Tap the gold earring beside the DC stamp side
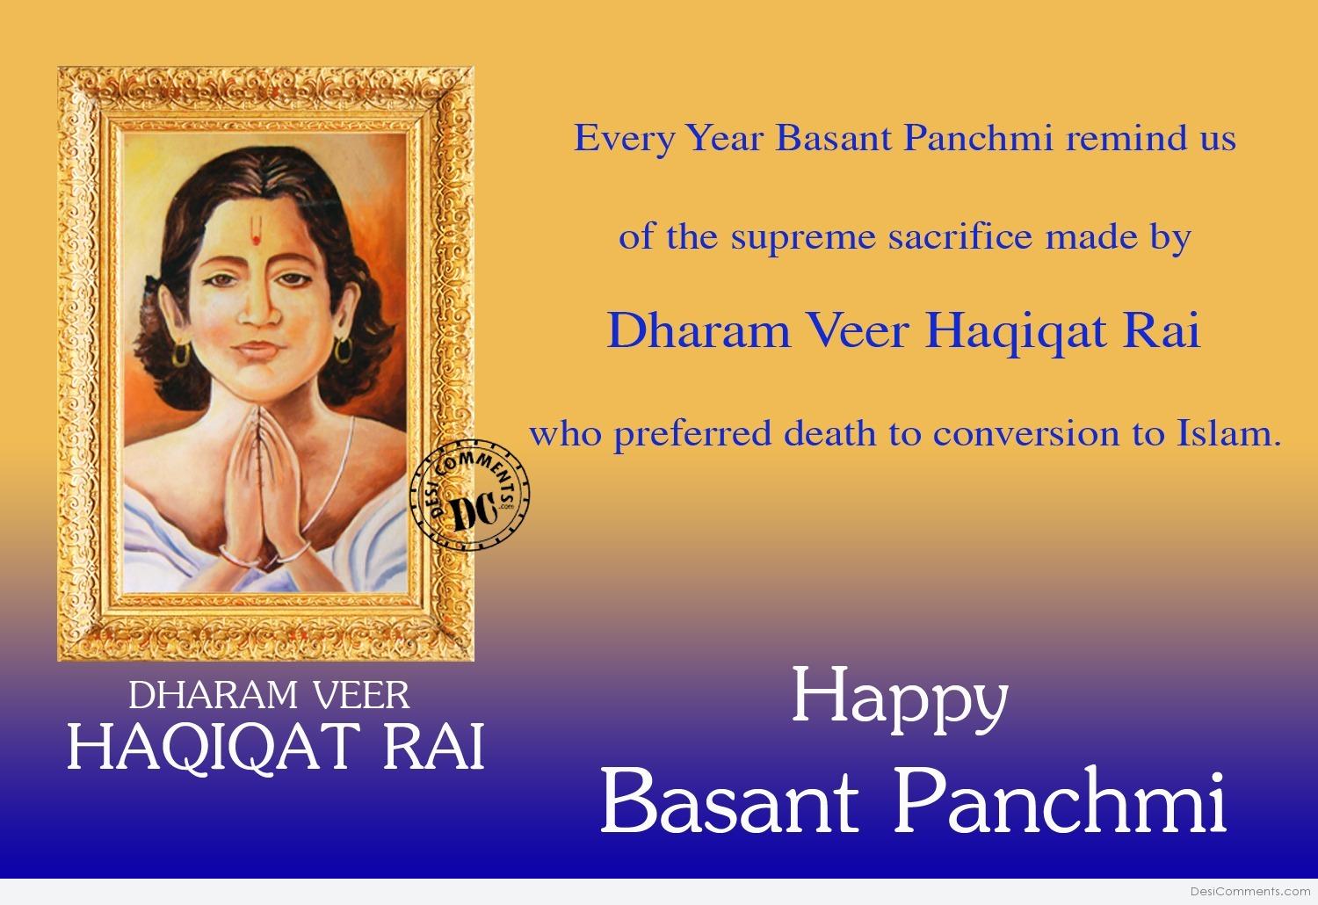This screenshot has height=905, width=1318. pyautogui.click(x=343, y=350)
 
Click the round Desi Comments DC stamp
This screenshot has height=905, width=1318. pyautogui.click(x=469, y=495)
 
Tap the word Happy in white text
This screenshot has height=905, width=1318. pyautogui.click(x=901, y=700)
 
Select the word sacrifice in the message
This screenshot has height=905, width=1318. pyautogui.click(x=960, y=237)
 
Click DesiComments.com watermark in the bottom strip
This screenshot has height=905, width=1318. pyautogui.click(x=1250, y=892)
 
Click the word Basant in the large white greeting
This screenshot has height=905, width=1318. pyautogui.click(x=728, y=801)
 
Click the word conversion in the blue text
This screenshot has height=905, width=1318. pyautogui.click(x=1026, y=434)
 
